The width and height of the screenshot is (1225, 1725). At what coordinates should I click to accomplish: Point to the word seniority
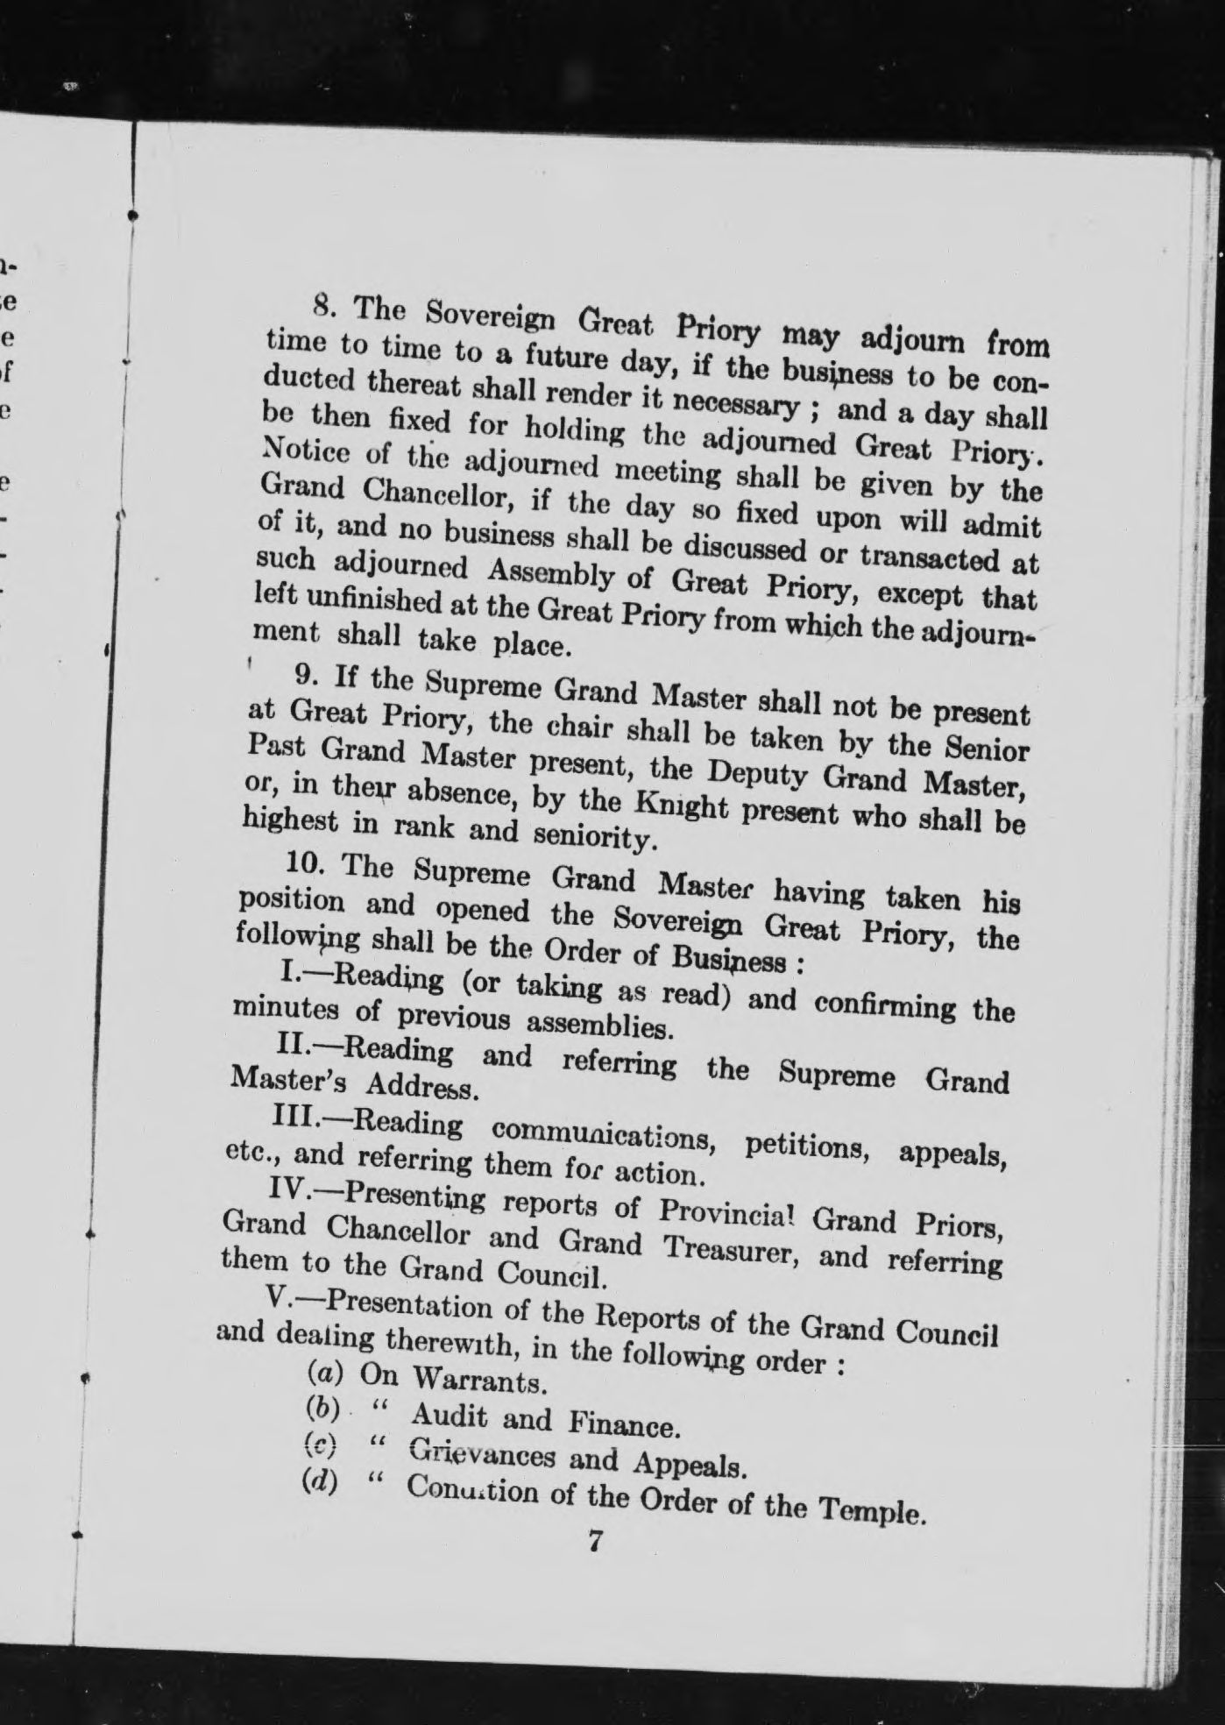[x=594, y=837]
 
